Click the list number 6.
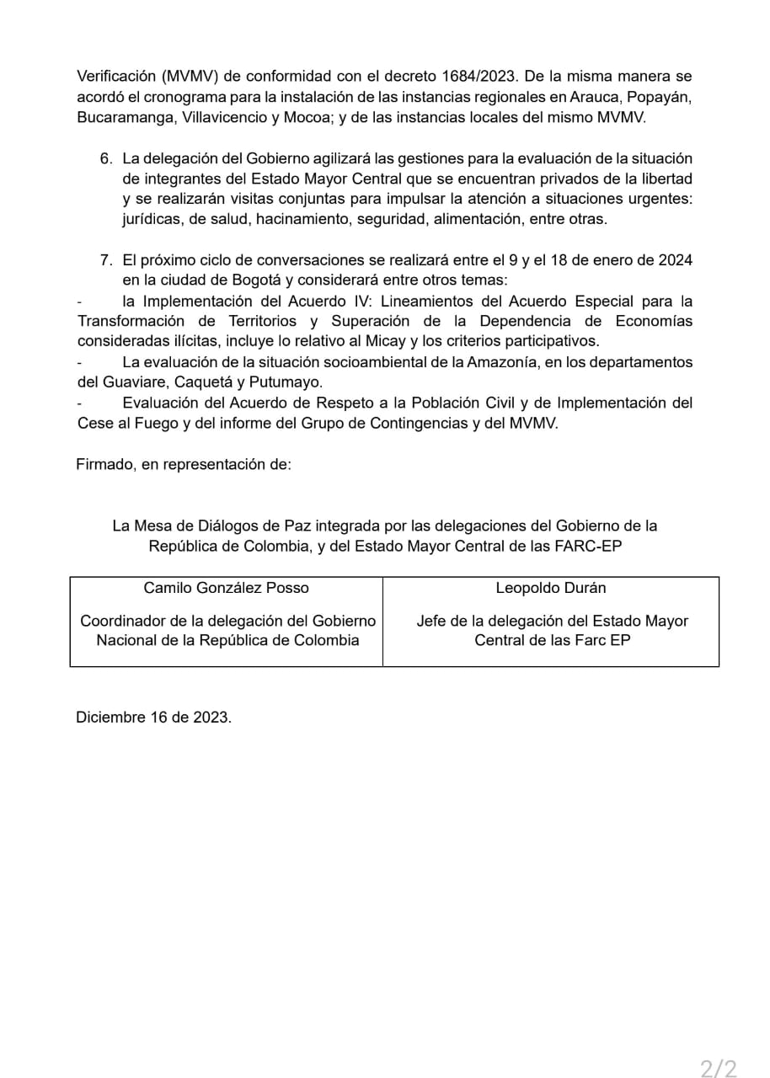point(105,158)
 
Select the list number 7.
point(105,260)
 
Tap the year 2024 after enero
point(674,260)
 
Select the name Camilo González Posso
point(227,588)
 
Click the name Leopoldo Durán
point(551,588)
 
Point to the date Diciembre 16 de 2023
point(153,718)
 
